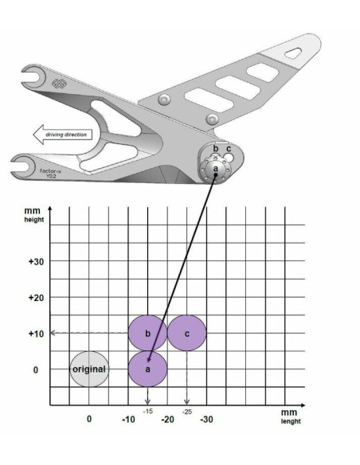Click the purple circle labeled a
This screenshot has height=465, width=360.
click(x=147, y=369)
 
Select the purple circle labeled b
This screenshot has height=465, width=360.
click(x=147, y=333)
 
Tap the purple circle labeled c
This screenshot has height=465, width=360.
click(x=186, y=333)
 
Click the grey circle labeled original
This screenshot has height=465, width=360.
click(x=88, y=369)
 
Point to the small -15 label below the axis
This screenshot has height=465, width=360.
click(x=147, y=410)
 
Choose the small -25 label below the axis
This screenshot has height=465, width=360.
click(x=186, y=411)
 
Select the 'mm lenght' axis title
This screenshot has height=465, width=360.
click(x=289, y=417)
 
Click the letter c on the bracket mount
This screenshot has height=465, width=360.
click(x=229, y=148)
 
